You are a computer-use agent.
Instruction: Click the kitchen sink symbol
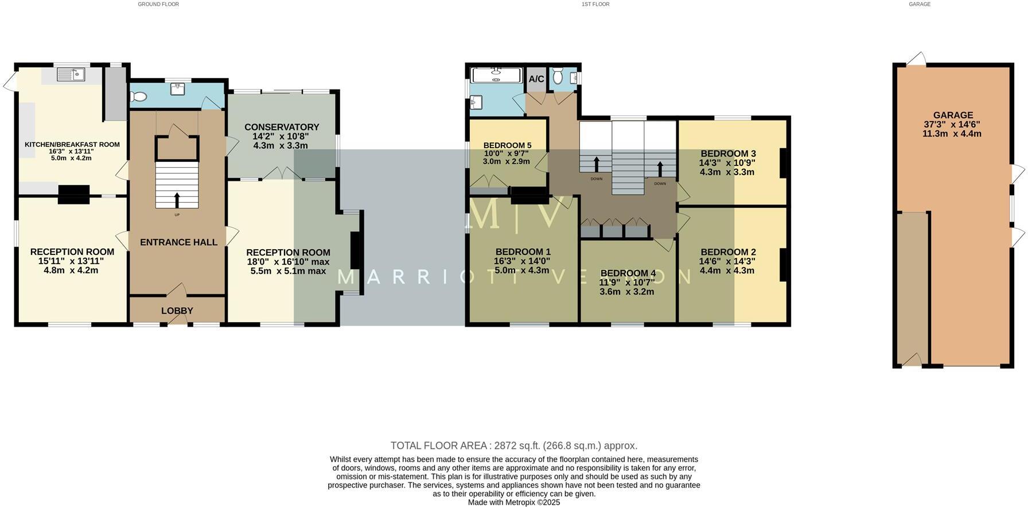[72, 75]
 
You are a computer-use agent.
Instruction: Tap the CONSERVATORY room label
[281, 127]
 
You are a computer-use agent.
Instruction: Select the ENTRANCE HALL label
[178, 242]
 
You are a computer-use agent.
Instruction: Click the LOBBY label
[177, 311]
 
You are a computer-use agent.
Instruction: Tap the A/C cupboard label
[536, 79]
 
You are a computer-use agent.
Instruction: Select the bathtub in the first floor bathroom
[496, 75]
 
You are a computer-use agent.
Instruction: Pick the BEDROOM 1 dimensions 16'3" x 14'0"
[522, 261]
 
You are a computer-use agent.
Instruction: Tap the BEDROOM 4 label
[628, 273]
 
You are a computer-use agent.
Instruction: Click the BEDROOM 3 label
[728, 153]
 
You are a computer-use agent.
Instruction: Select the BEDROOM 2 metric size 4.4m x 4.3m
[727, 270]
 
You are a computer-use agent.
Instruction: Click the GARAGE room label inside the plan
[952, 115]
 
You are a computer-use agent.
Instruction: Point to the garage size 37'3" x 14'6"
[952, 125]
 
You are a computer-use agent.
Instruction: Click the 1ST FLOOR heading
[595, 4]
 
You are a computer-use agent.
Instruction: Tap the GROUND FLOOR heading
[158, 4]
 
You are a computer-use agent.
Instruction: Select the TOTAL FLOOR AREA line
[513, 446]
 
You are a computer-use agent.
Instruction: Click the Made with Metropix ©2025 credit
[513, 502]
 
